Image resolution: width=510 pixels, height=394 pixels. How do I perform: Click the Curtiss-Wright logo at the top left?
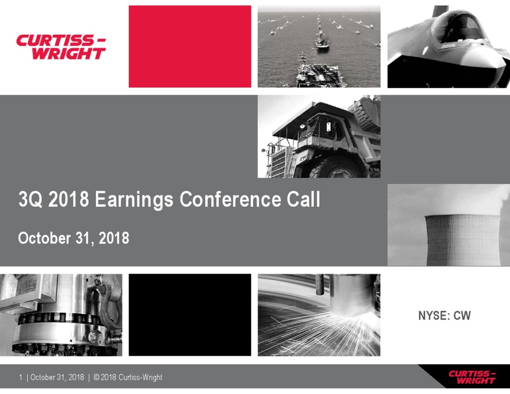[61, 47]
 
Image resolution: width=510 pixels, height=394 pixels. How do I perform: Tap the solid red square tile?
[190, 47]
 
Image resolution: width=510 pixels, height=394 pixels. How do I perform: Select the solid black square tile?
[190, 315]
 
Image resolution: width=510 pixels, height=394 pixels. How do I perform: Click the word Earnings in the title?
[134, 200]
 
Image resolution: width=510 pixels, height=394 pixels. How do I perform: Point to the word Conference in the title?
[230, 199]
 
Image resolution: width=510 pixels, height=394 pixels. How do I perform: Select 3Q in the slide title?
[31, 199]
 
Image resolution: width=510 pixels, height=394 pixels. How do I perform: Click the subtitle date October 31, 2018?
[73, 238]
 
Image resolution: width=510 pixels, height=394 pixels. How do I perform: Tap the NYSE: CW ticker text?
[444, 315]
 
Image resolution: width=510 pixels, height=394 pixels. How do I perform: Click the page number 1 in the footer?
[21, 377]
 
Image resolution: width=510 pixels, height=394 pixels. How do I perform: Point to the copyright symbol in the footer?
[96, 377]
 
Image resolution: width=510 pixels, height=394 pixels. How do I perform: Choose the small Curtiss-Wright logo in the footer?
[472, 377]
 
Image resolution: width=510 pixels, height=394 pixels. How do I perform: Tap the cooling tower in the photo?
[462, 239]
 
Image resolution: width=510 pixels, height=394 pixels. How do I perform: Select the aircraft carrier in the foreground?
[320, 73]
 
